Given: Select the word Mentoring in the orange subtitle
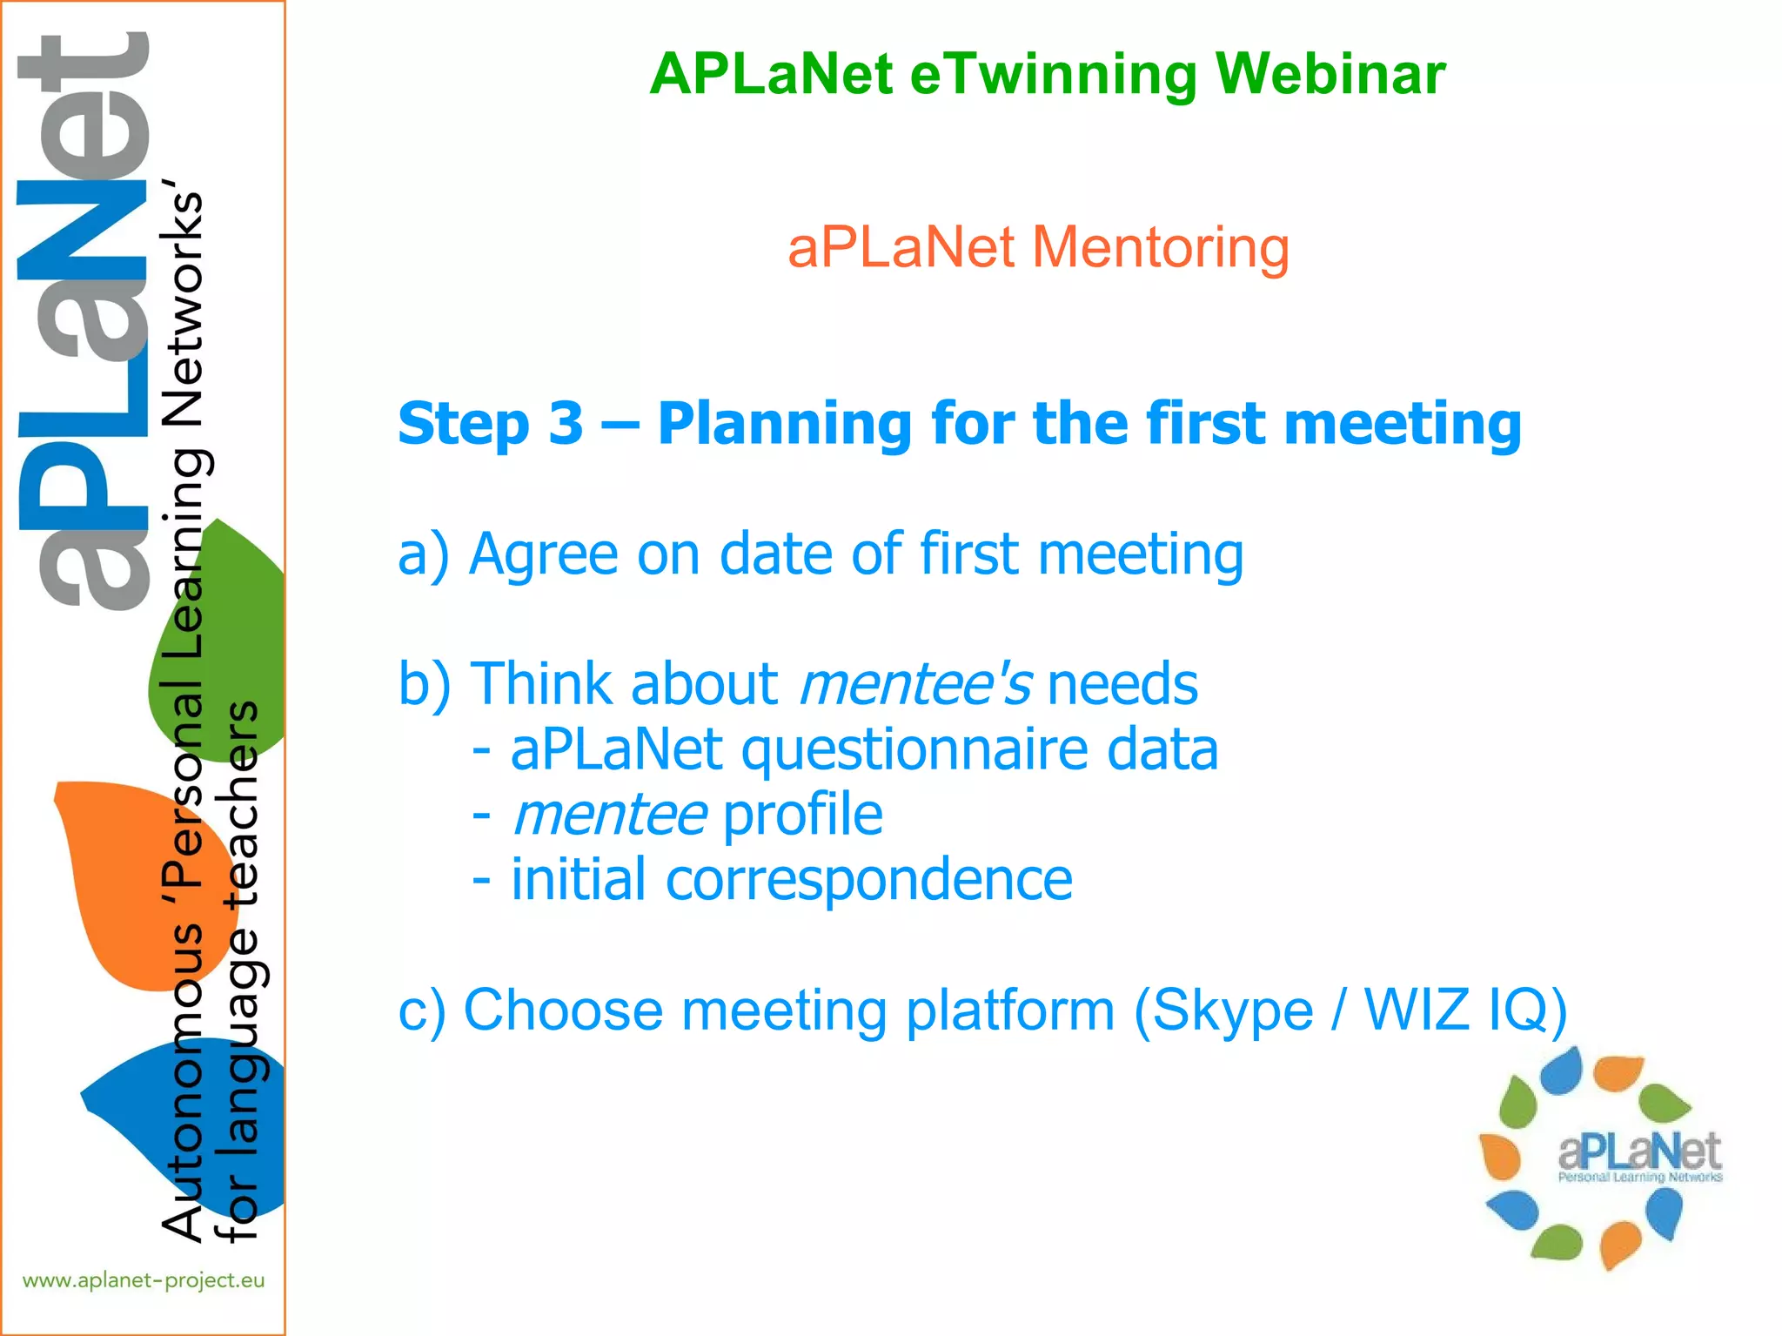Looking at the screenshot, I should tap(1160, 247).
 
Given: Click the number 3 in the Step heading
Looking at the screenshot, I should tap(566, 424).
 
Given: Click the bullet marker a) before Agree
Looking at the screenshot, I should tap(424, 554).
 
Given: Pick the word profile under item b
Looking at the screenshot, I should tap(802, 816).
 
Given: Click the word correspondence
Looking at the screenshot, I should tap(868, 880).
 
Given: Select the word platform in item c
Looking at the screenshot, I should tap(1009, 1011).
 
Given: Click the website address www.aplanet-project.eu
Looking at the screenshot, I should tap(144, 1280).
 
